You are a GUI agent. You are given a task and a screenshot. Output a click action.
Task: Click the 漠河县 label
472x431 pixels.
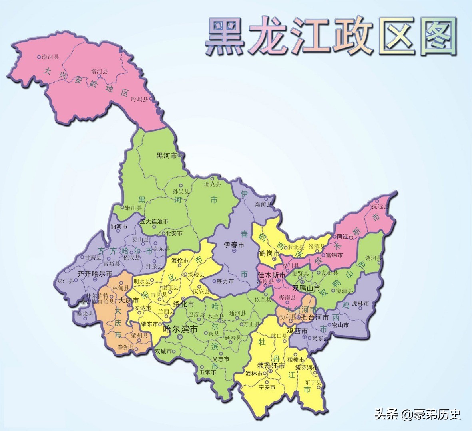[x=50, y=57]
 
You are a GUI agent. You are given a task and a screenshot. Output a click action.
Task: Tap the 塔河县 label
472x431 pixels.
[x=99, y=71]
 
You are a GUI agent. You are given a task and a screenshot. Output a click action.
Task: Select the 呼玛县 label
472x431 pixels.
[x=139, y=99]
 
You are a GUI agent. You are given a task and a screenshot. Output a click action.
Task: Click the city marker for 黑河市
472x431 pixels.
[x=180, y=155]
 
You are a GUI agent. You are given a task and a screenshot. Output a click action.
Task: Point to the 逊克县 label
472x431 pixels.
[x=212, y=184]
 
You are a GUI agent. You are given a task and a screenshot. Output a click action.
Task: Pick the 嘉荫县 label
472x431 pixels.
[x=263, y=204]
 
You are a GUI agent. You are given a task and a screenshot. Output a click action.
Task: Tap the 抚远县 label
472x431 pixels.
[x=380, y=206]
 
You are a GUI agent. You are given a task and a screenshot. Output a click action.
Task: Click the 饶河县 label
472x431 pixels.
[x=373, y=258]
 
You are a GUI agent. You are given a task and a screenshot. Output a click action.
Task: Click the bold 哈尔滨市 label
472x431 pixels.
[x=181, y=330]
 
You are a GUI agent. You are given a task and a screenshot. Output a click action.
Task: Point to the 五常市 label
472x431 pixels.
[x=208, y=372]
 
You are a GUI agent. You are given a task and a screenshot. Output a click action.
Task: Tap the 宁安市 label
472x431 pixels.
[x=267, y=387]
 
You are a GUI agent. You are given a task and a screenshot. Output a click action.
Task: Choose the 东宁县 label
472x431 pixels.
[x=313, y=382]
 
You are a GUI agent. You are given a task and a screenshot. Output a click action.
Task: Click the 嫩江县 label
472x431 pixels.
[x=133, y=208]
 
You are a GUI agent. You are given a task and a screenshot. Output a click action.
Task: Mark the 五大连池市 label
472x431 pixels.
[x=154, y=222]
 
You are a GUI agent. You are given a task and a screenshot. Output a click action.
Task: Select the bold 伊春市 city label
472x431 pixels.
[x=234, y=245]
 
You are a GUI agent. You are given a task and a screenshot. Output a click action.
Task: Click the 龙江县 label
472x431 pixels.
[x=66, y=281]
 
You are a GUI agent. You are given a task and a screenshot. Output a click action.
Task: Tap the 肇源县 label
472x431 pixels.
[x=126, y=347]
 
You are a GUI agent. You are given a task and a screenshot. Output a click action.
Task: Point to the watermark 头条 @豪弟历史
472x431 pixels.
[x=418, y=414]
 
